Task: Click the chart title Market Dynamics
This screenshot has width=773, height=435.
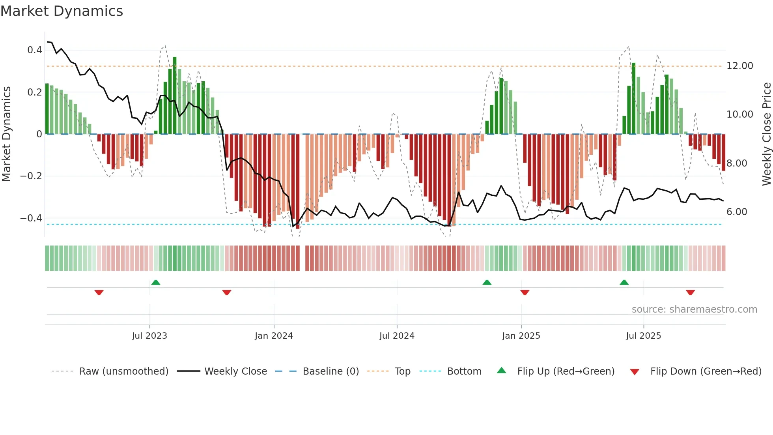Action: (x=62, y=11)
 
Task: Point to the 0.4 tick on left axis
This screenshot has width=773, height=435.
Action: (x=35, y=50)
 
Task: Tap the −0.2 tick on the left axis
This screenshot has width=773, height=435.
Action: (x=32, y=176)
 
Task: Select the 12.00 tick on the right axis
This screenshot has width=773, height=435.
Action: (x=739, y=66)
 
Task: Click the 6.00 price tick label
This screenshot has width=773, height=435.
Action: (x=737, y=212)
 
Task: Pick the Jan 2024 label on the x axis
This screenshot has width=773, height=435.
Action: (x=274, y=336)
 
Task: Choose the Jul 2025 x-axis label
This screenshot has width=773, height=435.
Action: (x=643, y=336)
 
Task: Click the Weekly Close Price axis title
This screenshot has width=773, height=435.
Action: (x=766, y=134)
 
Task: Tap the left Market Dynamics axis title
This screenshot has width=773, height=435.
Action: (x=6, y=134)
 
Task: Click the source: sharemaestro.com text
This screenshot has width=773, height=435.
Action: (x=694, y=309)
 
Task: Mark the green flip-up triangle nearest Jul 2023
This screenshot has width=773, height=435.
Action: (x=156, y=282)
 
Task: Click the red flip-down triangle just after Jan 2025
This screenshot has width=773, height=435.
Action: (x=525, y=292)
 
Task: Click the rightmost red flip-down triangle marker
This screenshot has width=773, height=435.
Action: (x=690, y=292)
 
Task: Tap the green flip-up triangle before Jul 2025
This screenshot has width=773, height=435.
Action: (x=624, y=282)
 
